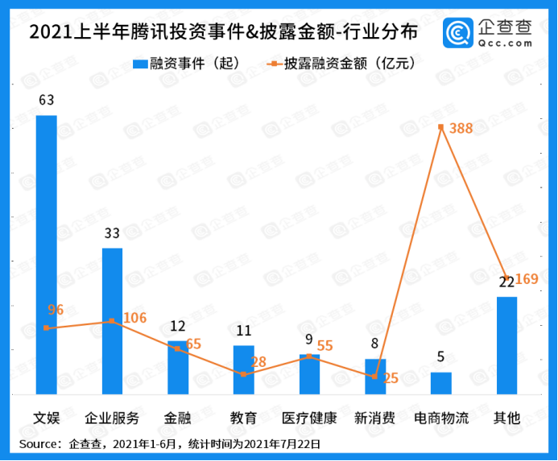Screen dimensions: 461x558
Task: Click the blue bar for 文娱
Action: [x=46, y=255]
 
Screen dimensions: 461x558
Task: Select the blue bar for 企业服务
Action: [x=112, y=321]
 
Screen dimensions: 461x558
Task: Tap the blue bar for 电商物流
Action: [x=440, y=383]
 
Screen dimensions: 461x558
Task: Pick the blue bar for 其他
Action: [x=506, y=346]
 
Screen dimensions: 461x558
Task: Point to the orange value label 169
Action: [x=527, y=280]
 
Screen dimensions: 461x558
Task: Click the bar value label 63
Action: [x=46, y=101]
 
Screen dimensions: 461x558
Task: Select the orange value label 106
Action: [x=134, y=318]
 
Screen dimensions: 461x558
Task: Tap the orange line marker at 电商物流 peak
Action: [x=440, y=126]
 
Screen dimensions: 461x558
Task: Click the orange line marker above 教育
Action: [x=243, y=374]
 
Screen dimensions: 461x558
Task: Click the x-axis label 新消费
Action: [x=374, y=418]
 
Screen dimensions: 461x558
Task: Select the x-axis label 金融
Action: [x=177, y=418]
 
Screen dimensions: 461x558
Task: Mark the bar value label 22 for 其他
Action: [x=506, y=282]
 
